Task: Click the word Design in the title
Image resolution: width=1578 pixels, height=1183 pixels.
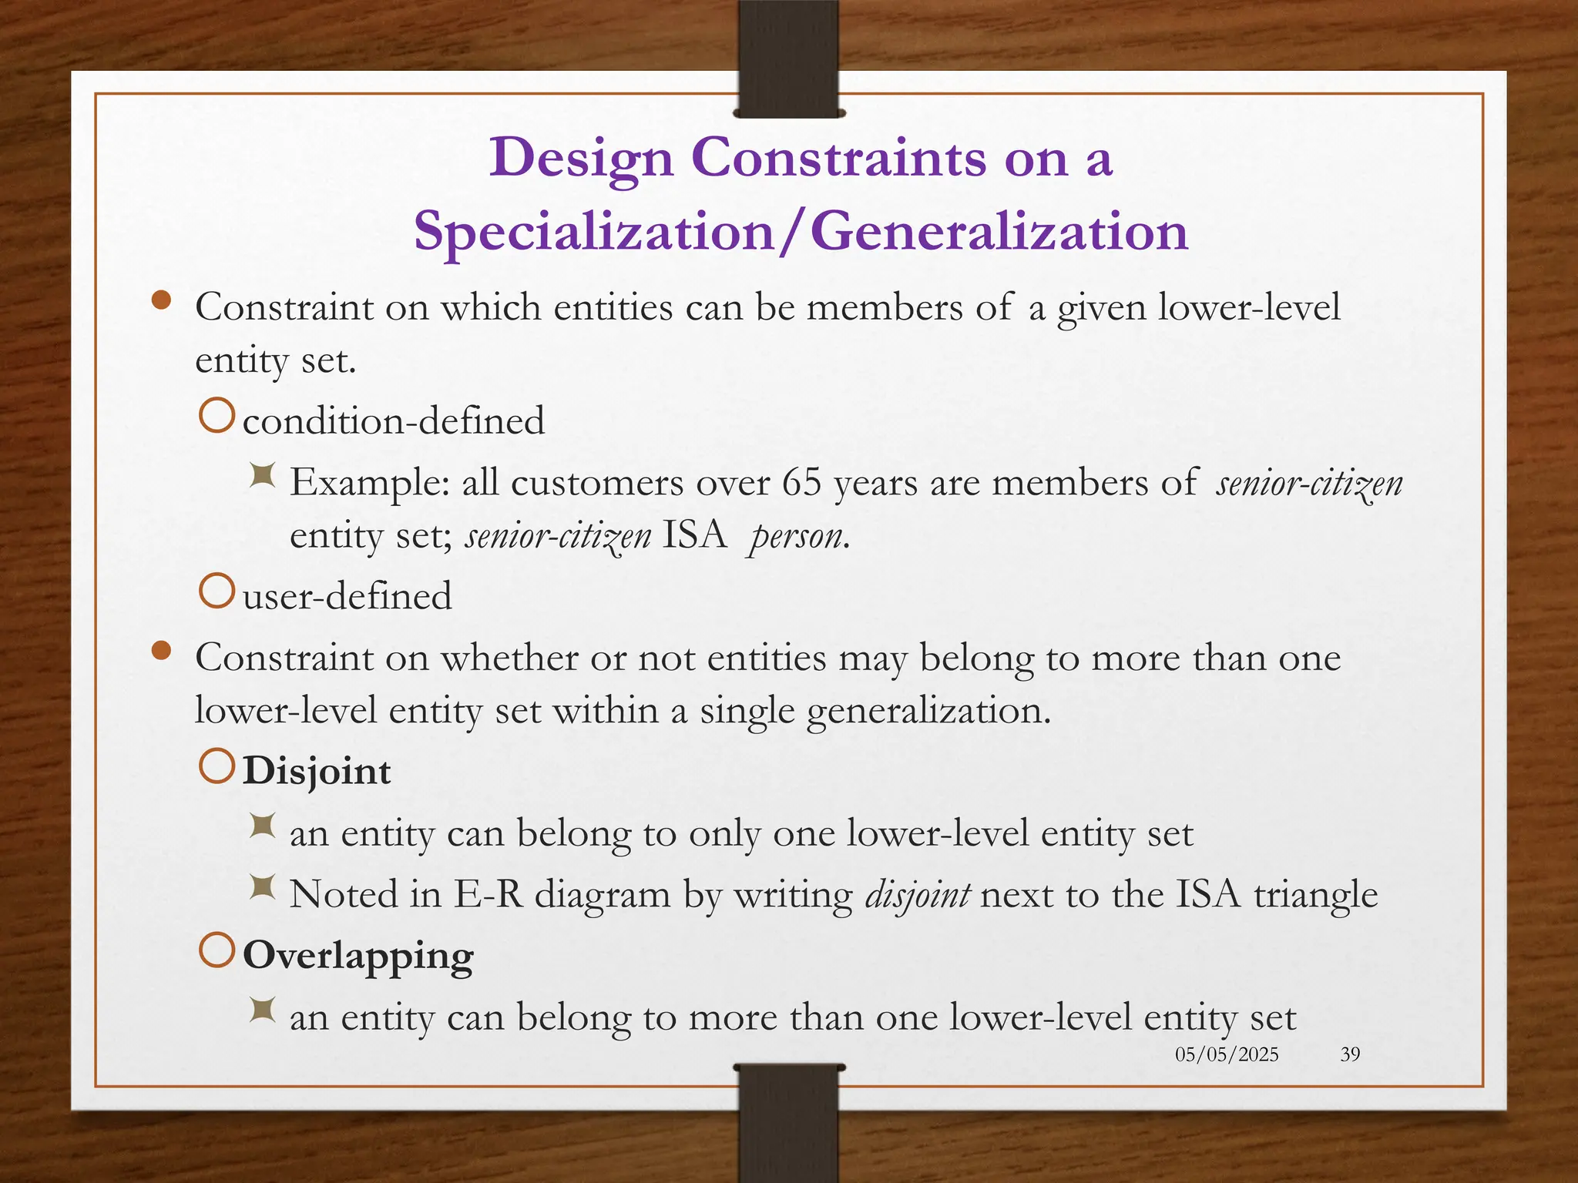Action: (x=582, y=159)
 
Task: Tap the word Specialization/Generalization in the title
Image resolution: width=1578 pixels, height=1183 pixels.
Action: (x=801, y=232)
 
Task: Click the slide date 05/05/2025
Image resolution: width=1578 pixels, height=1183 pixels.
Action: (x=1227, y=1054)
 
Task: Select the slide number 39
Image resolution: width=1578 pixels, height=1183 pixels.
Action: (x=1350, y=1054)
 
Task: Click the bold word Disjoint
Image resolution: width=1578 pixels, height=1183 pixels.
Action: (x=317, y=772)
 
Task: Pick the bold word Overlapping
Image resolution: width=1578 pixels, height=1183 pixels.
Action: (x=358, y=956)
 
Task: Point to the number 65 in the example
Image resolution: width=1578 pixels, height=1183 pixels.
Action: (x=802, y=484)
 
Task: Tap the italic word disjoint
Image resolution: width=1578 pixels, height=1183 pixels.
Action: (x=918, y=895)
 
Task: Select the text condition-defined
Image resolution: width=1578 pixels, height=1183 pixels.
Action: (x=394, y=421)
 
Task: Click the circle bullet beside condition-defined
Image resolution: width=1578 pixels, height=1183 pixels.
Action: (x=217, y=416)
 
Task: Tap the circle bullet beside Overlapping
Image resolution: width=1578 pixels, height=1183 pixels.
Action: (x=217, y=950)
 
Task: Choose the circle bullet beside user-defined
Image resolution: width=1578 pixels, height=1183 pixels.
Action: (x=217, y=591)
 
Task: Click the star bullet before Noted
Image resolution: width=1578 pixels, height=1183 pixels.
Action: (x=263, y=888)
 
